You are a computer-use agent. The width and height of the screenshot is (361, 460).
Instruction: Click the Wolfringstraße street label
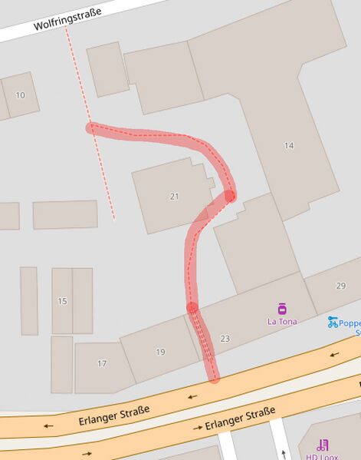[68, 19]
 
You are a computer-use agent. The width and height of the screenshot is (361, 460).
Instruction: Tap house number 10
[20, 94]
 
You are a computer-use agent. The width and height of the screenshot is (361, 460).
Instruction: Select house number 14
[288, 145]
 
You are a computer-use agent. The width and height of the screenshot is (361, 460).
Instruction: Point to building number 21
[174, 197]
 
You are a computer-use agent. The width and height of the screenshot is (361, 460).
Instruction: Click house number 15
[62, 300]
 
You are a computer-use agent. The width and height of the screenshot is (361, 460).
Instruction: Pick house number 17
[102, 363]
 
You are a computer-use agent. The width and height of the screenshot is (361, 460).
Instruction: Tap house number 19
[160, 352]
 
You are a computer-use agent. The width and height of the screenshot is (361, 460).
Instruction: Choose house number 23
[225, 339]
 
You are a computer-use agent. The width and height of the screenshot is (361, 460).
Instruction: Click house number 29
[340, 286]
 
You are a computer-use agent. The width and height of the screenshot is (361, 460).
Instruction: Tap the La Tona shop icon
[282, 309]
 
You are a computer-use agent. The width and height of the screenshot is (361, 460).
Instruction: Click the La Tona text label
[282, 322]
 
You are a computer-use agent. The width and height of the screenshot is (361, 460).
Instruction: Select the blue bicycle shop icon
[333, 322]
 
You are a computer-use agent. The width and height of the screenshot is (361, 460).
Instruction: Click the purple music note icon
[323, 445]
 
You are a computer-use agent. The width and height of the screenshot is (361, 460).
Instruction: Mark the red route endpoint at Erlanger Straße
[214, 379]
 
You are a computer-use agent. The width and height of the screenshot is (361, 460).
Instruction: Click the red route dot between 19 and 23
[192, 308]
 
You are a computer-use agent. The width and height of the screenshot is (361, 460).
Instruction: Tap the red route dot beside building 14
[230, 197]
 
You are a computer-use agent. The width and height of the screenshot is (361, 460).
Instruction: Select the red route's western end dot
[91, 127]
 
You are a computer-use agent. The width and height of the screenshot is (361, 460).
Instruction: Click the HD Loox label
[323, 456]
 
